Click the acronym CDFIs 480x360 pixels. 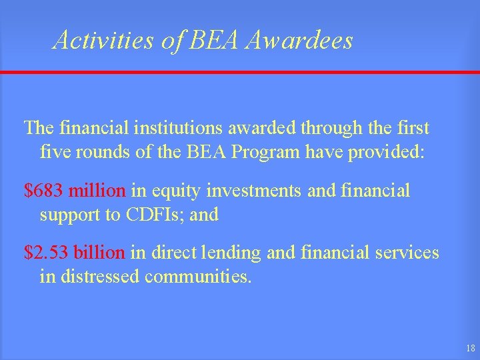(173, 215)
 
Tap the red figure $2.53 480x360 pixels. (47, 253)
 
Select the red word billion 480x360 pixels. (99, 253)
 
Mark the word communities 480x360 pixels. (198, 277)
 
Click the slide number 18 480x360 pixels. (471, 349)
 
